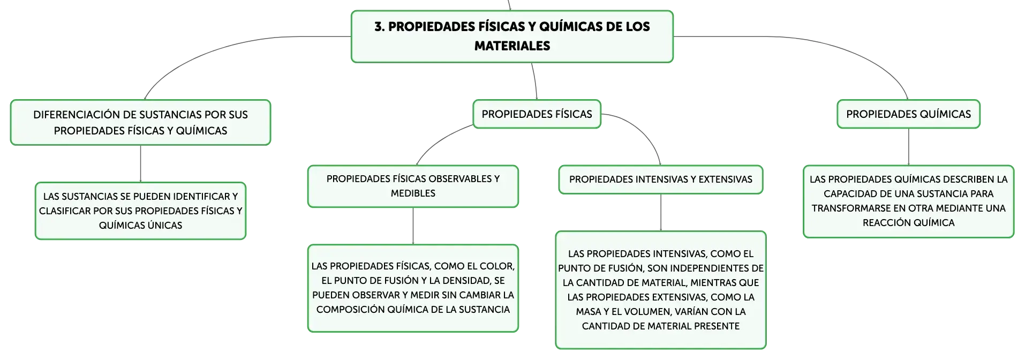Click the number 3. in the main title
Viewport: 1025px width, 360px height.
coord(380,27)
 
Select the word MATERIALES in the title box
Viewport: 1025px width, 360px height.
coord(512,46)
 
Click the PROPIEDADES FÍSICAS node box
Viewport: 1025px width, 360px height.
coord(537,114)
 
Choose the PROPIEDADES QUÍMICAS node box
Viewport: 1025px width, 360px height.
coord(908,114)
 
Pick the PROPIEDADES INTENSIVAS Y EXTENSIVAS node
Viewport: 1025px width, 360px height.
coord(660,179)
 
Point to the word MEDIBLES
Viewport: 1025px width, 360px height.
coord(413,193)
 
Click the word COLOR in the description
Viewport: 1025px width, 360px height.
coord(495,266)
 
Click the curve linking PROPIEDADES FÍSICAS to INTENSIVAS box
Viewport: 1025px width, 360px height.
coord(643,129)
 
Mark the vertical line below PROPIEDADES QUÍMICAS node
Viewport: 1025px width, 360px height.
coord(908,147)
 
